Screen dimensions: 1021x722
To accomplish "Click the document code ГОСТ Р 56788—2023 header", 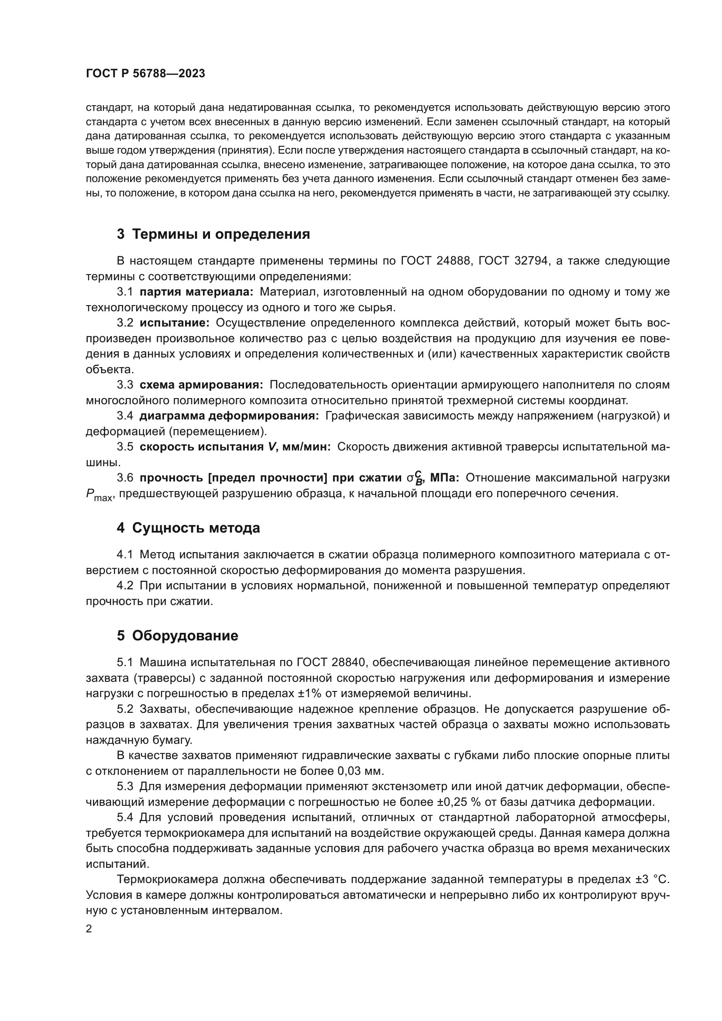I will click(x=145, y=74).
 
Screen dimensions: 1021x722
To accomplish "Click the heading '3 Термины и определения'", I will click(x=213, y=234).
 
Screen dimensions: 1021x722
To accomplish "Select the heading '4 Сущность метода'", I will click(x=188, y=528).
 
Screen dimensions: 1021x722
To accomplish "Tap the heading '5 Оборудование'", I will click(x=177, y=636).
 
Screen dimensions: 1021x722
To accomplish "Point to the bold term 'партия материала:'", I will click(x=196, y=292).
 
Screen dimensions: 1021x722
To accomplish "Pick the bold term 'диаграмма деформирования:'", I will click(x=229, y=416).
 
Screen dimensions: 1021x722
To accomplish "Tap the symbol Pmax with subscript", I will click(x=99, y=495).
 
